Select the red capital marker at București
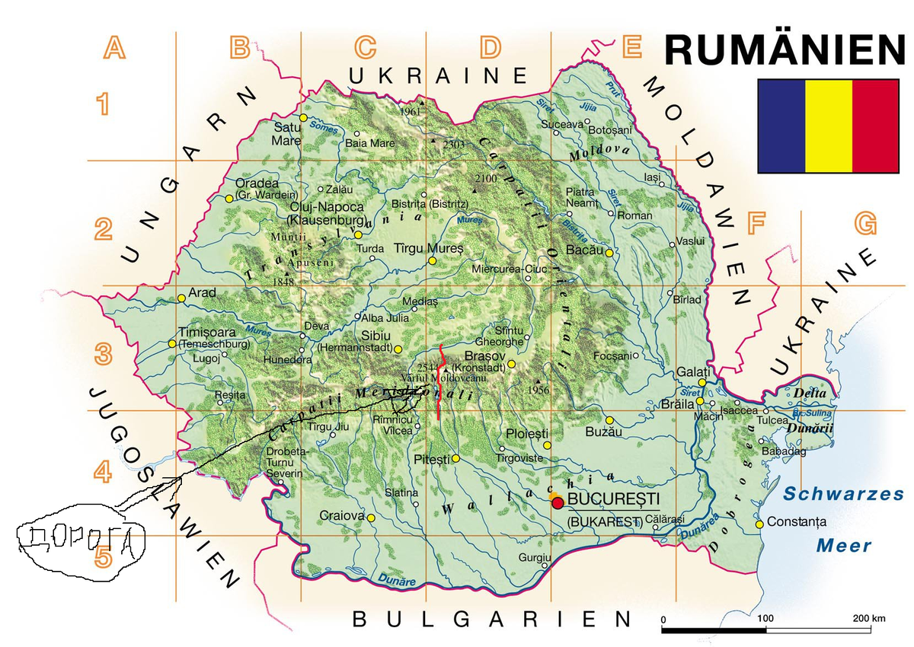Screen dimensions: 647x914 tap(558, 502)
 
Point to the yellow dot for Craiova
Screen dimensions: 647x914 tap(371, 518)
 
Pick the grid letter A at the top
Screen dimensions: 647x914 tap(114, 48)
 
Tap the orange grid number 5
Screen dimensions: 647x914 tap(104, 559)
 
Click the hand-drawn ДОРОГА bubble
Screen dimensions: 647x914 tap(80, 541)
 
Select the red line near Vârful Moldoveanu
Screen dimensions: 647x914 tap(441, 381)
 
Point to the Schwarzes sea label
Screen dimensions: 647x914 tap(843, 494)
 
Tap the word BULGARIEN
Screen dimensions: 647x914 tap(491, 619)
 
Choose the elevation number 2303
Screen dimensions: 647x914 tap(453, 145)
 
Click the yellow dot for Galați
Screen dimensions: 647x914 tap(701, 383)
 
